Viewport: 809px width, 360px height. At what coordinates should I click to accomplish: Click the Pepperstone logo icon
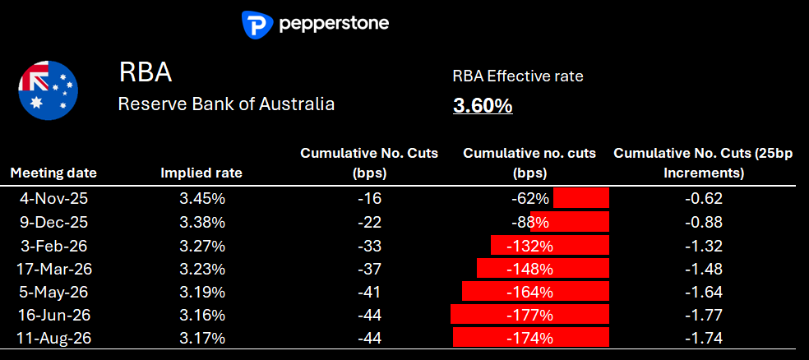click(257, 24)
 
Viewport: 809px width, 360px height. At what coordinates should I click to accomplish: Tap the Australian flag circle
click(49, 89)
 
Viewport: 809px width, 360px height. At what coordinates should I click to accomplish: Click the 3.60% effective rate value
click(483, 106)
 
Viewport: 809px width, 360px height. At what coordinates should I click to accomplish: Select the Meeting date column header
click(53, 173)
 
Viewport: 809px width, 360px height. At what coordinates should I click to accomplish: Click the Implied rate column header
click(201, 173)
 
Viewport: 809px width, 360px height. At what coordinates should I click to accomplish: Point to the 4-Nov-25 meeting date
click(53, 198)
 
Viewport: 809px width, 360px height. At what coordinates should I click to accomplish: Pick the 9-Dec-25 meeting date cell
click(53, 222)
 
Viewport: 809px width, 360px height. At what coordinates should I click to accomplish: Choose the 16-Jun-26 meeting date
click(53, 315)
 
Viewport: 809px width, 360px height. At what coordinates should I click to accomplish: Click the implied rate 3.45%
click(201, 198)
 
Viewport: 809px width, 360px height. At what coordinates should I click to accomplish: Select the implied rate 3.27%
click(201, 245)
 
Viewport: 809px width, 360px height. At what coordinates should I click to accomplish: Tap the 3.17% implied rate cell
click(201, 338)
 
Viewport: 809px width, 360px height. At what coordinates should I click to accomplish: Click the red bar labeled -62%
click(580, 198)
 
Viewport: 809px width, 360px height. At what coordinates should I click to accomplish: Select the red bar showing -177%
click(529, 315)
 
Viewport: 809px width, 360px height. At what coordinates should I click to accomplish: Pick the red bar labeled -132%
click(549, 245)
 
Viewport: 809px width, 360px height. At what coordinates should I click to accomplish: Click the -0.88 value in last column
click(703, 222)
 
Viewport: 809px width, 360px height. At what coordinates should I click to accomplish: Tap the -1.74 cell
click(703, 338)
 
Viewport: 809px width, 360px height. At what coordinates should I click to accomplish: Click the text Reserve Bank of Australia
click(226, 104)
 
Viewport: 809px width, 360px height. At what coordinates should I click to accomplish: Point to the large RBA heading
click(146, 72)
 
